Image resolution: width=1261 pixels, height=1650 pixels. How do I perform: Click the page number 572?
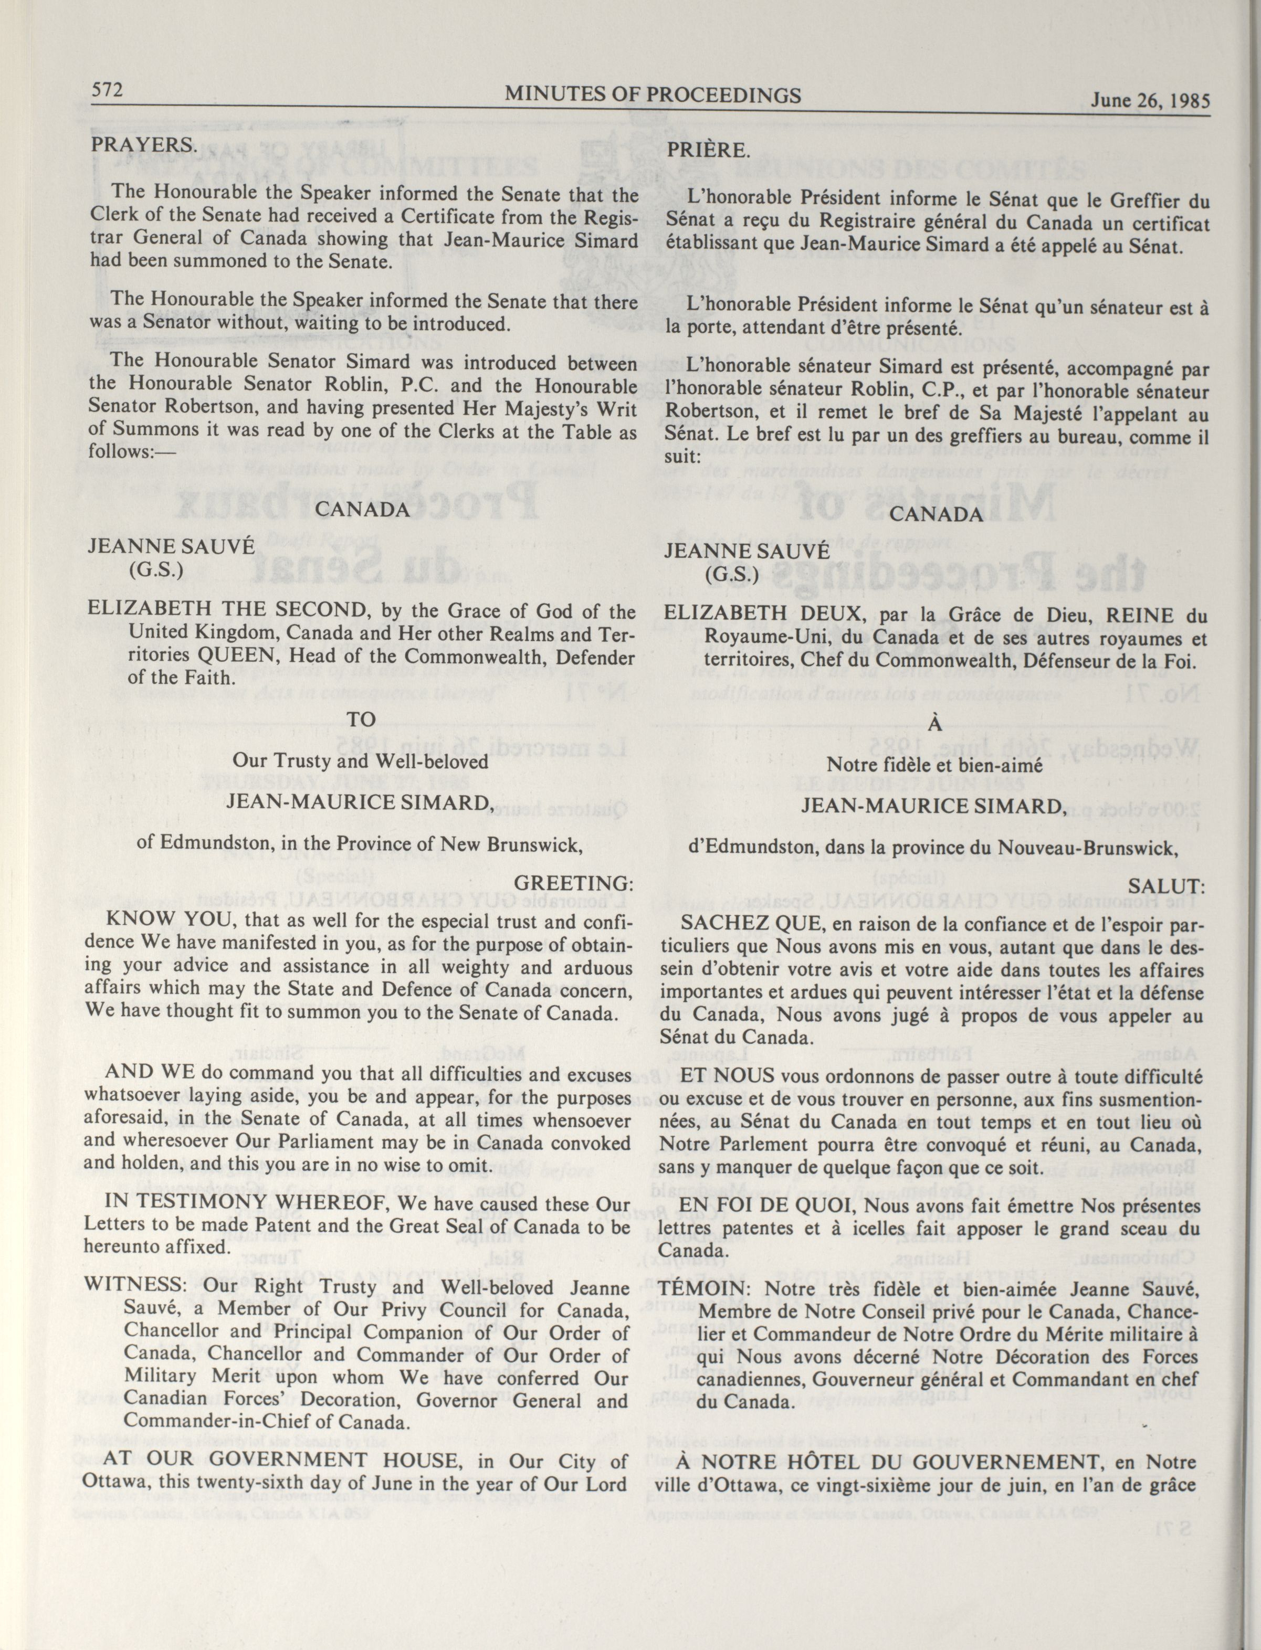coord(107,91)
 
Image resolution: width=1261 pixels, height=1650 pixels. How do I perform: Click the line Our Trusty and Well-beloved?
coord(361,760)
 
